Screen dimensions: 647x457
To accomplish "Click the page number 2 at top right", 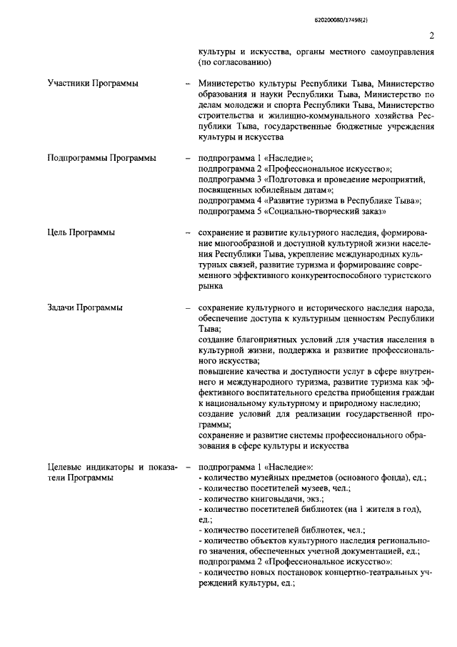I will [432, 36].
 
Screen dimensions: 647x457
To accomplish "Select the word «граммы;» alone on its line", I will [216, 424].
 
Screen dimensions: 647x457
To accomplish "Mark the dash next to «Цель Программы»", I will [187, 233].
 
